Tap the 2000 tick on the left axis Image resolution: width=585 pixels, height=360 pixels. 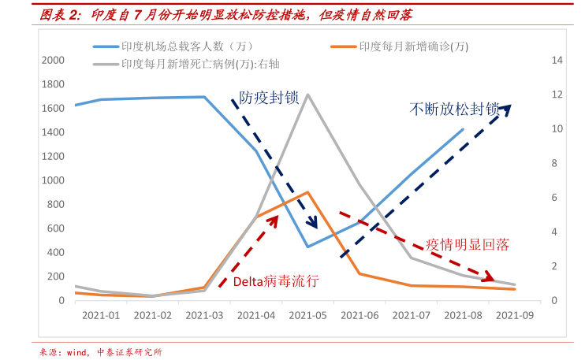[54, 60]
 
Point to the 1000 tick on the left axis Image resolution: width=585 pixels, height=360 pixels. [54, 180]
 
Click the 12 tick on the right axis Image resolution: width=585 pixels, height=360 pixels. [557, 95]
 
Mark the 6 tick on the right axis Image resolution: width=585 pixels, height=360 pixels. [557, 198]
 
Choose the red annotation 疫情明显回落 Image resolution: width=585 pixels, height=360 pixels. [468, 244]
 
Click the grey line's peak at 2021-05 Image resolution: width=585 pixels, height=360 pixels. [307, 95]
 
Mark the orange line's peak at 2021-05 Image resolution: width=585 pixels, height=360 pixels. [307, 191]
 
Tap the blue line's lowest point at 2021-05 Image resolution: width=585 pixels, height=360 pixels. [307, 247]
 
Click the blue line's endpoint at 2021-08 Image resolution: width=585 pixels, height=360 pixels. [463, 129]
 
